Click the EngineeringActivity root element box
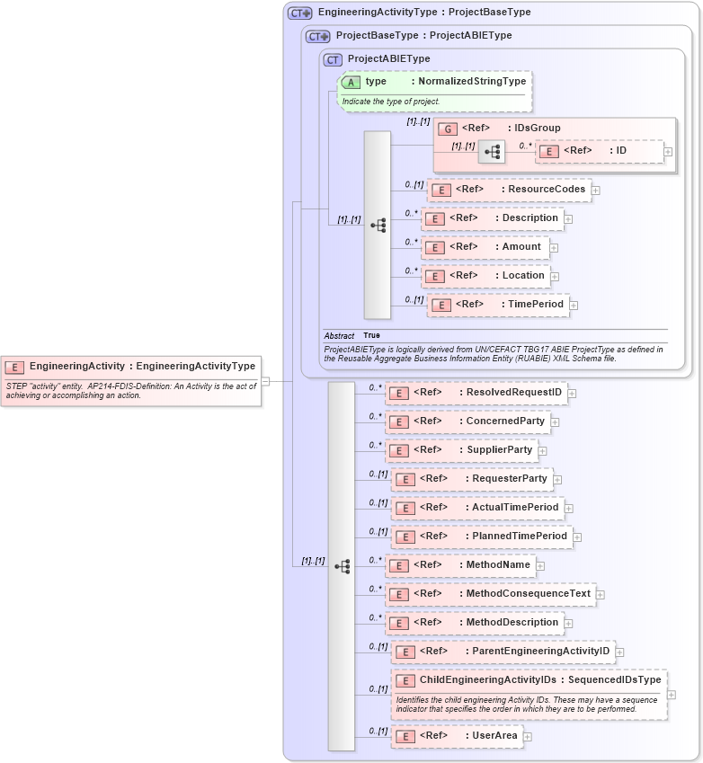[x=131, y=367]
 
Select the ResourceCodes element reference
[x=509, y=190]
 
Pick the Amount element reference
[x=485, y=247]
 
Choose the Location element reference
[x=486, y=276]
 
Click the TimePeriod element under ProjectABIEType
[x=498, y=305]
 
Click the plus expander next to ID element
[x=668, y=151]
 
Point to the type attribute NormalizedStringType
[x=433, y=82]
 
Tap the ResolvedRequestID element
[x=476, y=393]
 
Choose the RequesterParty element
[x=472, y=479]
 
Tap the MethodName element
[x=460, y=565]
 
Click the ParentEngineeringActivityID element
[x=503, y=652]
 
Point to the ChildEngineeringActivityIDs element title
[x=529, y=680]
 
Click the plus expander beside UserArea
[x=528, y=737]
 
